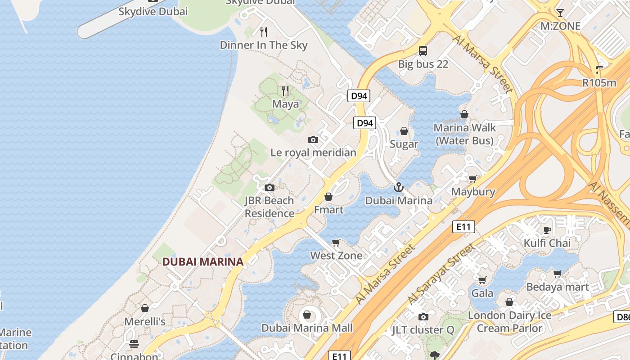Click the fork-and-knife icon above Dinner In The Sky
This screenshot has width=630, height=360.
264,32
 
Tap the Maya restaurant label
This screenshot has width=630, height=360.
285,104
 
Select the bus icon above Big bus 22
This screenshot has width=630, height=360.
423,50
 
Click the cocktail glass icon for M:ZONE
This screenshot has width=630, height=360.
560,13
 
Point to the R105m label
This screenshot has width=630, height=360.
599,83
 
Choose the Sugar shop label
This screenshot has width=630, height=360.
404,144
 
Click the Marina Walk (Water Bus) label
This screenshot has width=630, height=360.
464,134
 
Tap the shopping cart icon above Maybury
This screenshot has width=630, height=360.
473,179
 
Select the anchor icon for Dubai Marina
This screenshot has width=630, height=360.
398,187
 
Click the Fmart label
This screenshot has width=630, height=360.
328,210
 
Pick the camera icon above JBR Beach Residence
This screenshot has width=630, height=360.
269,188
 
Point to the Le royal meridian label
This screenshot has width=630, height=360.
313,153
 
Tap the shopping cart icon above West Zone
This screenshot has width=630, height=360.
336,243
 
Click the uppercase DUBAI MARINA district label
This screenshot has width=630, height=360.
202,261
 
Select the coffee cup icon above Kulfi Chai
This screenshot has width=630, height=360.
547,230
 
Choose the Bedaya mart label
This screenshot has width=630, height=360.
558,287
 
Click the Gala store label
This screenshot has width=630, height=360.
482,293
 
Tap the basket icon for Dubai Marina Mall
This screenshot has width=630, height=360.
307,315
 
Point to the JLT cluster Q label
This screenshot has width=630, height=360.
423,330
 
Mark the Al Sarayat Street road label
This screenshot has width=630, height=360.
441,274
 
